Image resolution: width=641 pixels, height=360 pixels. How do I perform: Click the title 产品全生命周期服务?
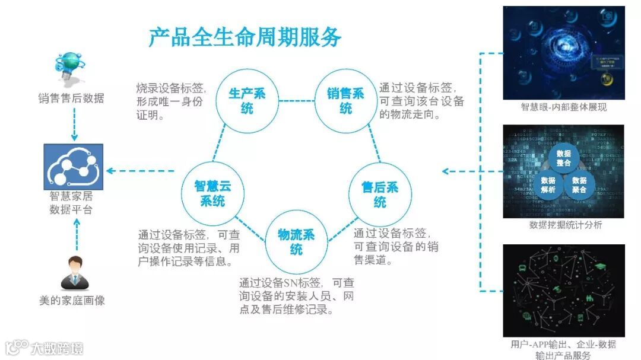[245, 37]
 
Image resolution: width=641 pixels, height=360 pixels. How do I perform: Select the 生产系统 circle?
[247, 101]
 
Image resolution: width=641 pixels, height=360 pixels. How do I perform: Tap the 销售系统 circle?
[346, 101]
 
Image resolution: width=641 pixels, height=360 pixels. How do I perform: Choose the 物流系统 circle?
[297, 242]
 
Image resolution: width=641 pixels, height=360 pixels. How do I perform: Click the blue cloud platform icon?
[73, 167]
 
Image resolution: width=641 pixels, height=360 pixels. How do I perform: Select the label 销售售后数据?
[71, 98]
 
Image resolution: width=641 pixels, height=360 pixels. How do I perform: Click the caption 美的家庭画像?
[72, 301]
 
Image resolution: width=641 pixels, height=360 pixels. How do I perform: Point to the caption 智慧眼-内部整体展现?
[563, 107]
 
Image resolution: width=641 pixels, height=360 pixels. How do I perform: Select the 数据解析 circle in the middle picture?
[548, 185]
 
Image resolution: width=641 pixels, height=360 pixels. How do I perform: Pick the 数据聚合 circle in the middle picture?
[579, 185]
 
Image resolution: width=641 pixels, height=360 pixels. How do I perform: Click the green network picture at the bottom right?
[563, 291]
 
